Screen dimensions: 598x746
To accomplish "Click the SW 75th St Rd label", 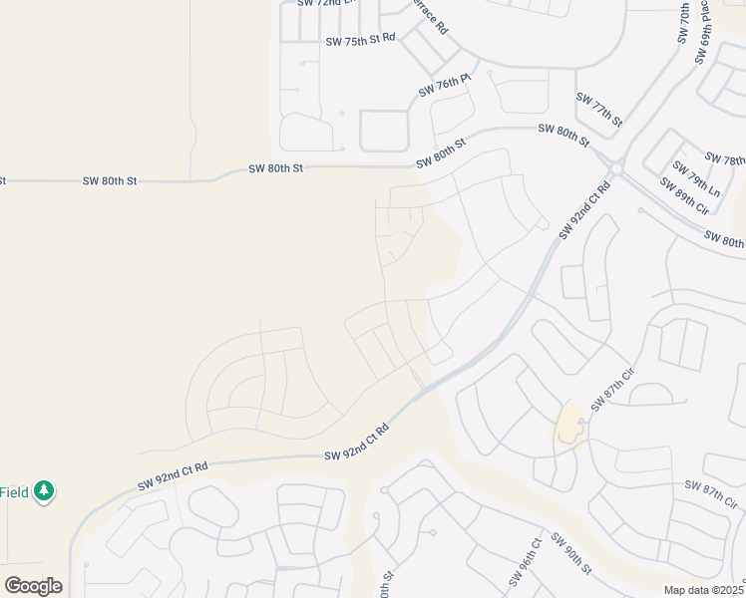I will (360, 40).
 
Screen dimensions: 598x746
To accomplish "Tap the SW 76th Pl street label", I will (444, 85).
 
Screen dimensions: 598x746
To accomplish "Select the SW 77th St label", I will (598, 110).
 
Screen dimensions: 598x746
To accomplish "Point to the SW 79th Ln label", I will (695, 177).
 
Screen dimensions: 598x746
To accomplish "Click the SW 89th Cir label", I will (683, 195).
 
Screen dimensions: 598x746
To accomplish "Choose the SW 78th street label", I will (725, 159).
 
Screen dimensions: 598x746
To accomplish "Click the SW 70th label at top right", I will (684, 22).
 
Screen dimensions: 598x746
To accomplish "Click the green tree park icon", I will (43, 490).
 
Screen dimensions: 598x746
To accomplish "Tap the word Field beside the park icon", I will (14, 491).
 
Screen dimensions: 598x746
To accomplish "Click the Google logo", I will (33, 586).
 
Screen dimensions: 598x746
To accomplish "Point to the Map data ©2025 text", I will (704, 590).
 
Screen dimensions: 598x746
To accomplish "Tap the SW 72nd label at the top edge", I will (320, 4).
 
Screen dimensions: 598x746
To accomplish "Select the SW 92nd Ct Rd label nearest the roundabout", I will (584, 209).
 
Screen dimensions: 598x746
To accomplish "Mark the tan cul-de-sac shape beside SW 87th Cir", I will (569, 427).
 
